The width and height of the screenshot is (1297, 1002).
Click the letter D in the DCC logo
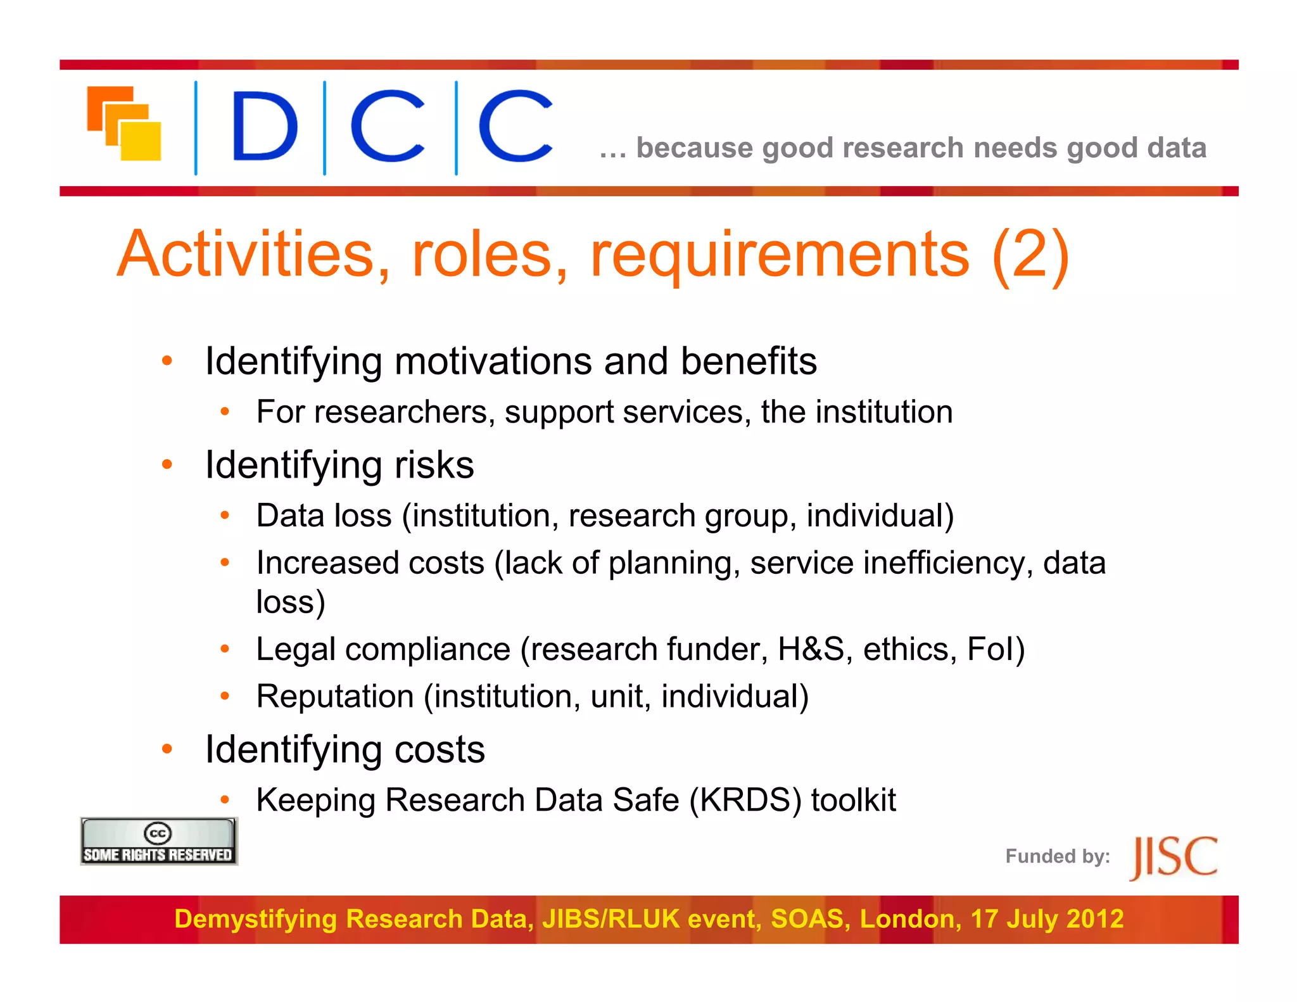265,126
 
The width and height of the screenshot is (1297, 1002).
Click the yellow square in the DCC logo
141,141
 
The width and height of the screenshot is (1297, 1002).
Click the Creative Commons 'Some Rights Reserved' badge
158,841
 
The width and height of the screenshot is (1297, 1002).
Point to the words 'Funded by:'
1057,856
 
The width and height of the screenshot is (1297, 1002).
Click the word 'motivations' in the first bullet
493,362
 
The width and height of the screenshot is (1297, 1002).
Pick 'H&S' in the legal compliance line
810,649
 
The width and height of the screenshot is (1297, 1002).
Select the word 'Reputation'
335,697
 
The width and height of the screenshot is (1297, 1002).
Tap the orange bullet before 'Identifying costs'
167,750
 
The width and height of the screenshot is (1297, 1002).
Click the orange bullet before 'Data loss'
224,516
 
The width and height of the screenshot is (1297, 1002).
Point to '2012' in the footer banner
1094,919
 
